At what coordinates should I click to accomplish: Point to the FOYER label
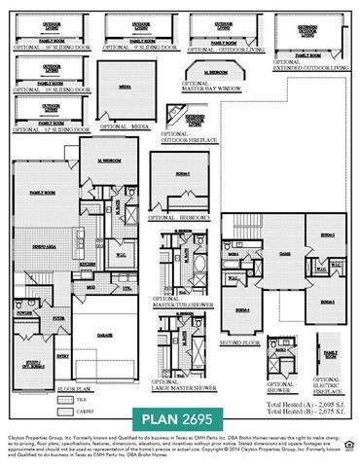[58, 317]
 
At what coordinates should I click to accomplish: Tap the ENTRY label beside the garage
[63, 356]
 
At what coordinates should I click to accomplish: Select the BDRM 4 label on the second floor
[239, 308]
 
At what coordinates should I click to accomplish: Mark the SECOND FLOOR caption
[240, 342]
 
